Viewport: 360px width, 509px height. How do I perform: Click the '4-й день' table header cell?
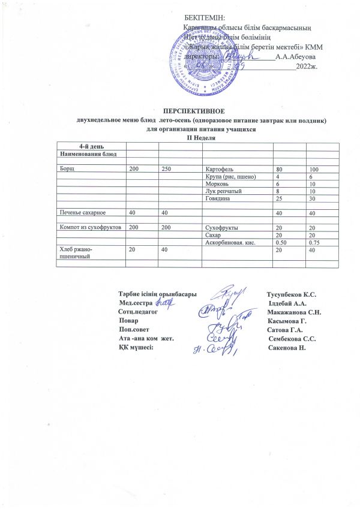pyautogui.click(x=91, y=147)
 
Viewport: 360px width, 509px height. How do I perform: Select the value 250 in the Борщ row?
pyautogui.click(x=166, y=170)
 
